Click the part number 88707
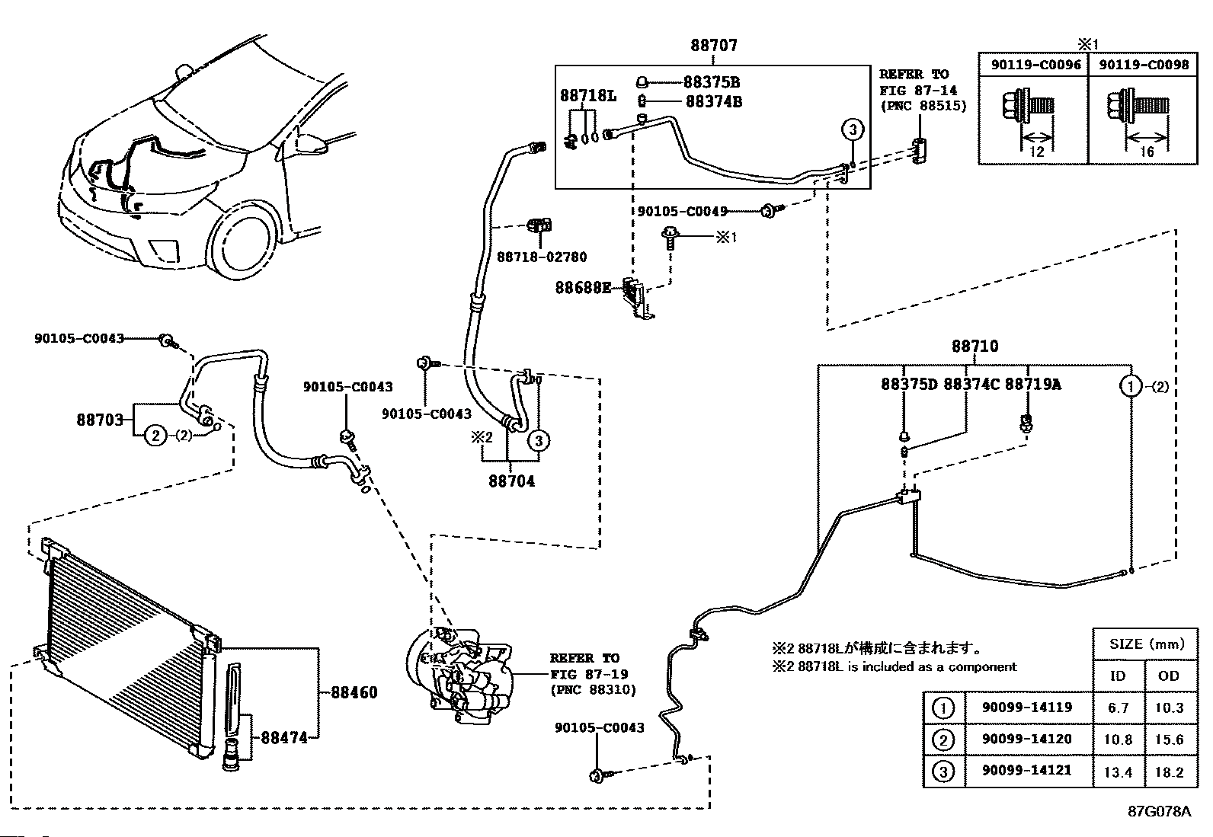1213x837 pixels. pyautogui.click(x=714, y=46)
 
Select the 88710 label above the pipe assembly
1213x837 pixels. pyautogui.click(x=975, y=346)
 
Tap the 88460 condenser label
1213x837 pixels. pyautogui.click(x=354, y=692)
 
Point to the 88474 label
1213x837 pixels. pyautogui.click(x=284, y=737)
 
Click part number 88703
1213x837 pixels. pyautogui.click(x=100, y=420)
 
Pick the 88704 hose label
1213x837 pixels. pyautogui.click(x=512, y=481)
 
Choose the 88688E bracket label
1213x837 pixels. pyautogui.click(x=583, y=287)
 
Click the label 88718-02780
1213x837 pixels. pyautogui.click(x=542, y=257)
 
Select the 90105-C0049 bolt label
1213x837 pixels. pyautogui.click(x=683, y=211)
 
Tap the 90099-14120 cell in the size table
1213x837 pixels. pyautogui.click(x=1027, y=739)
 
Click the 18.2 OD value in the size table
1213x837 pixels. pyautogui.click(x=1169, y=772)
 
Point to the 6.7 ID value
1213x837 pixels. pyautogui.click(x=1118, y=708)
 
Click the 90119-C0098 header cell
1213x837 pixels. pyautogui.click(x=1144, y=65)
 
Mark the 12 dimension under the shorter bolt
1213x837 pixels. pyautogui.click(x=1036, y=152)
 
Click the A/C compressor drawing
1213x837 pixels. pyautogui.click(x=459, y=675)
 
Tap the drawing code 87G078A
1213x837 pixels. pyautogui.click(x=1160, y=811)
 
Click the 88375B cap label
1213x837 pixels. pyautogui.click(x=712, y=82)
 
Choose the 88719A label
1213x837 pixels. pyautogui.click(x=1032, y=385)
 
